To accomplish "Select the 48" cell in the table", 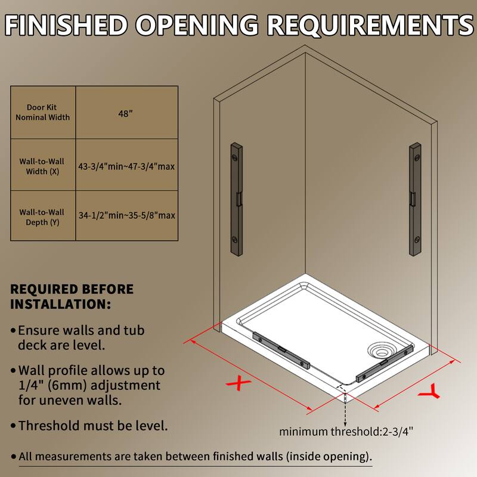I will point(126,112).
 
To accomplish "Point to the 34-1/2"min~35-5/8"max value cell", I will point(126,215).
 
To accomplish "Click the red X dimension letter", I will point(238,383).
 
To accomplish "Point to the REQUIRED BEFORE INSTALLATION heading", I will point(72,297).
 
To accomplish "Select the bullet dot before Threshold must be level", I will point(13,426).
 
